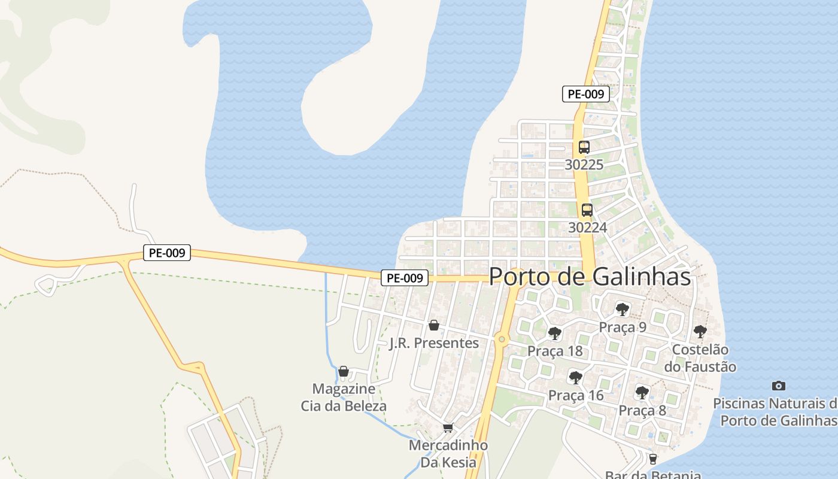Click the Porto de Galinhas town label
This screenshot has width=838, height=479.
point(590,277)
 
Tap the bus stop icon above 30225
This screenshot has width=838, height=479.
point(584,147)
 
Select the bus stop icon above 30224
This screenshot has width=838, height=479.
point(587,210)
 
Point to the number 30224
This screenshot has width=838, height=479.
point(587,228)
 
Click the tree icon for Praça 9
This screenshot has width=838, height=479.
point(623,310)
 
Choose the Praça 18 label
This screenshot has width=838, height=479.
point(555,351)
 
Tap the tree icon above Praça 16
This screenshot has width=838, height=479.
point(575,378)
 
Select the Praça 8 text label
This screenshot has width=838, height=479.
point(642,411)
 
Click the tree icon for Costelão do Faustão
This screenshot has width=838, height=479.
point(700,331)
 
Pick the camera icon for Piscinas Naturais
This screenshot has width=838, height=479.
point(778,386)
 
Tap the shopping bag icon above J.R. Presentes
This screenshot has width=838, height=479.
point(434,325)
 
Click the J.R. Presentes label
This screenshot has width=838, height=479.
point(434,343)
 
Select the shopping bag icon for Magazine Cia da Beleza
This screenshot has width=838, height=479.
point(344,371)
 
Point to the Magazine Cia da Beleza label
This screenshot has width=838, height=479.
point(344,398)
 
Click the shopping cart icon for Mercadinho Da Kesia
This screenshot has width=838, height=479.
point(448,428)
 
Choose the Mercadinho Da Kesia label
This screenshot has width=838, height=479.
point(448,454)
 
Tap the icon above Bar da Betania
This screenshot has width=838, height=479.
point(653,459)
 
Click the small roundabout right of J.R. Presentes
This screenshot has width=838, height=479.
point(502,339)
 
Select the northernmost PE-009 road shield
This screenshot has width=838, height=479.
point(585,94)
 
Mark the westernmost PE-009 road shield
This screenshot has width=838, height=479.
point(167,253)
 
